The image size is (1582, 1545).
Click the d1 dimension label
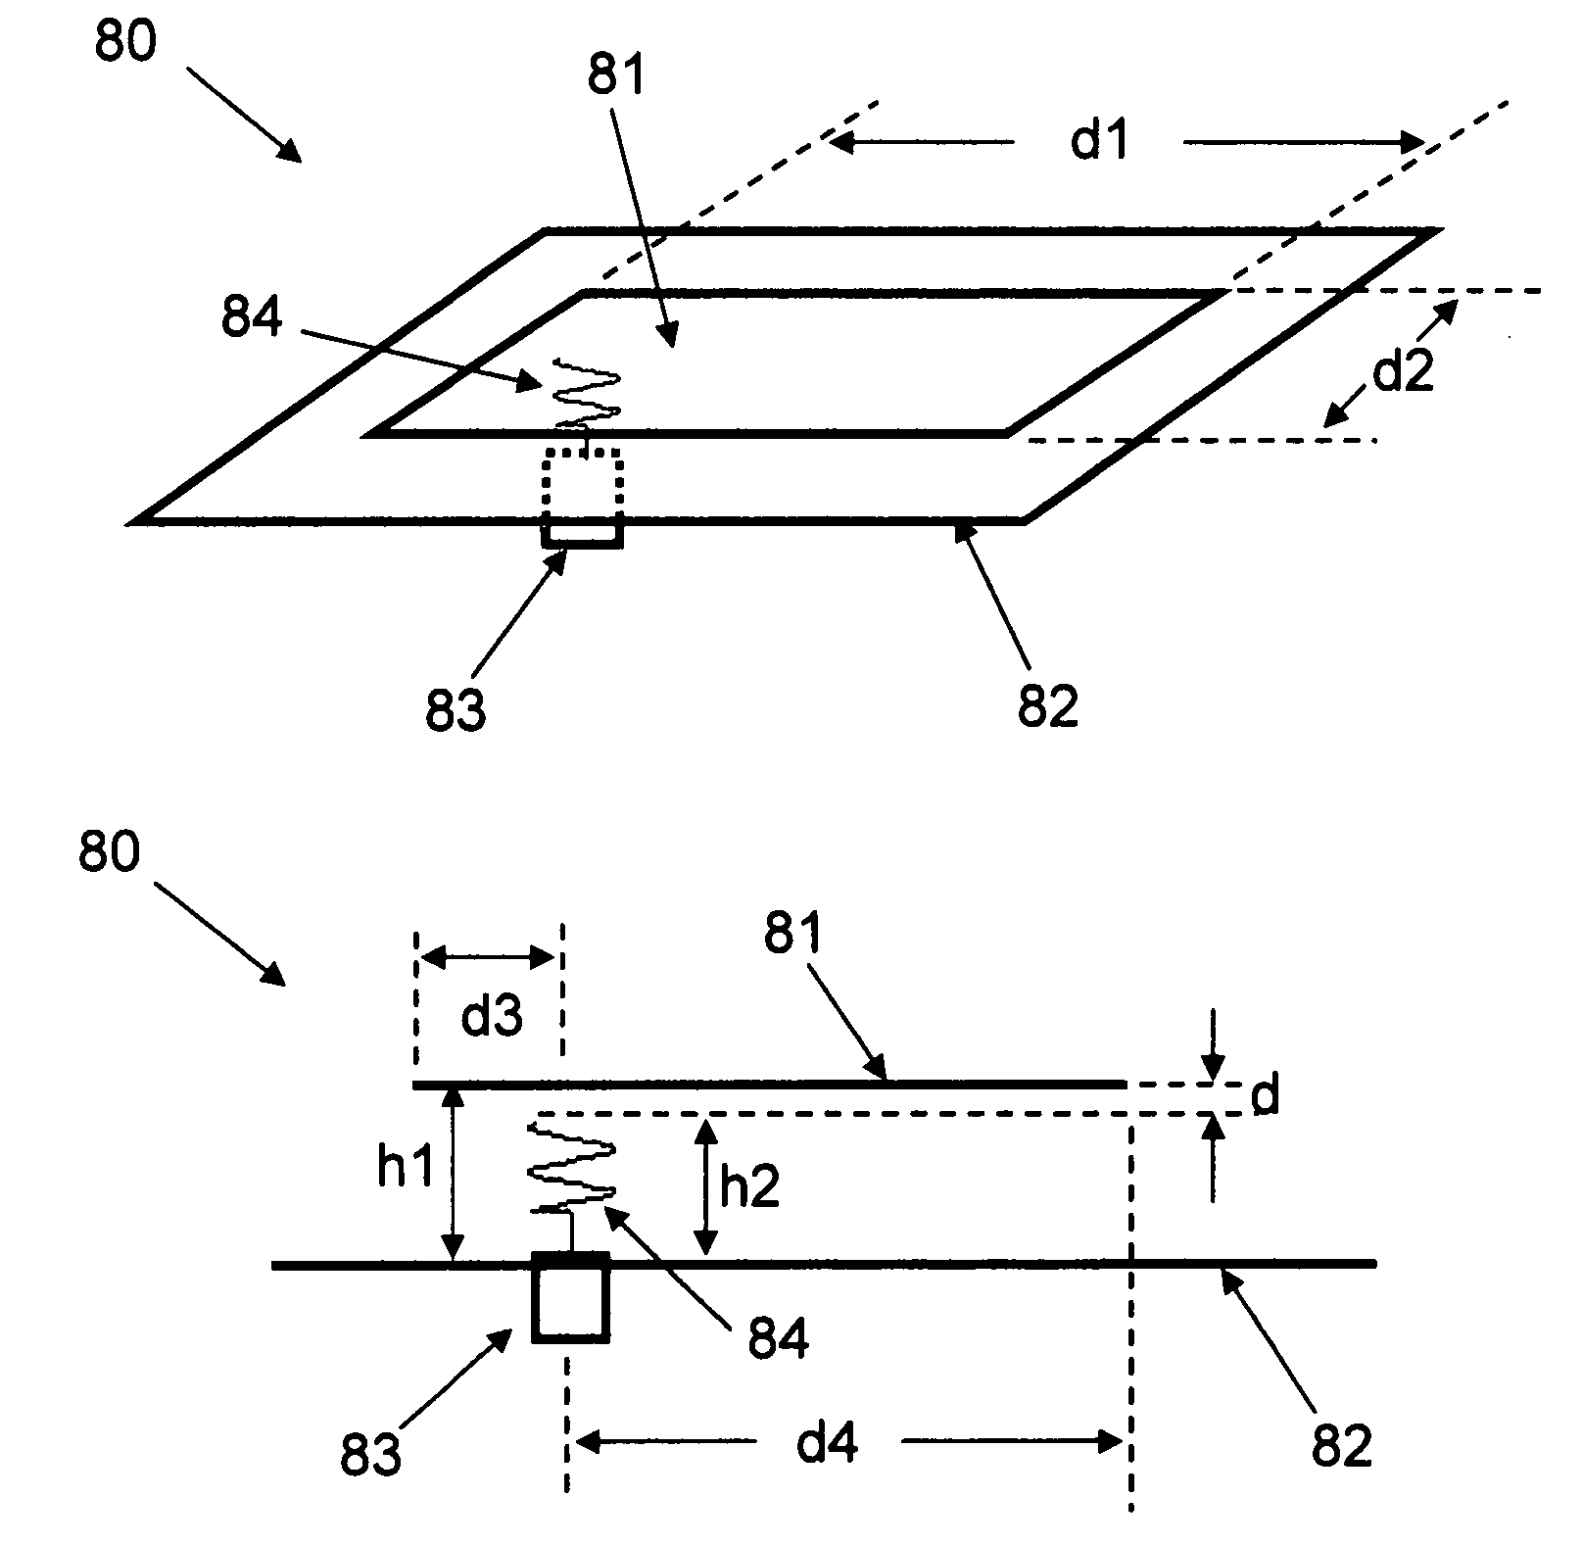pyautogui.click(x=1100, y=143)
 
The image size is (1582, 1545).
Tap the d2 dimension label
pyautogui.click(x=1403, y=372)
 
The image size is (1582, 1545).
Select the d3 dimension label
pyautogui.click(x=492, y=1019)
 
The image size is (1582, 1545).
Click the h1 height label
pyautogui.click(x=405, y=1169)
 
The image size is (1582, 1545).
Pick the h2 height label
pyautogui.click(x=749, y=1187)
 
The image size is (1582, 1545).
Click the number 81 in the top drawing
pyautogui.click(x=617, y=72)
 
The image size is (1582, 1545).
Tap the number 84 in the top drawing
pyautogui.click(x=252, y=317)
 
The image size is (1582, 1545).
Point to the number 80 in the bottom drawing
pyautogui.click(x=110, y=851)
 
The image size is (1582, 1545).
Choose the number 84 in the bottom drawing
pyautogui.click(x=779, y=1336)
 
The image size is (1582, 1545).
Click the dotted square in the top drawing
pyautogui.click(x=583, y=486)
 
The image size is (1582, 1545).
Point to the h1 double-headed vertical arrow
pyautogui.click(x=452, y=1175)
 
